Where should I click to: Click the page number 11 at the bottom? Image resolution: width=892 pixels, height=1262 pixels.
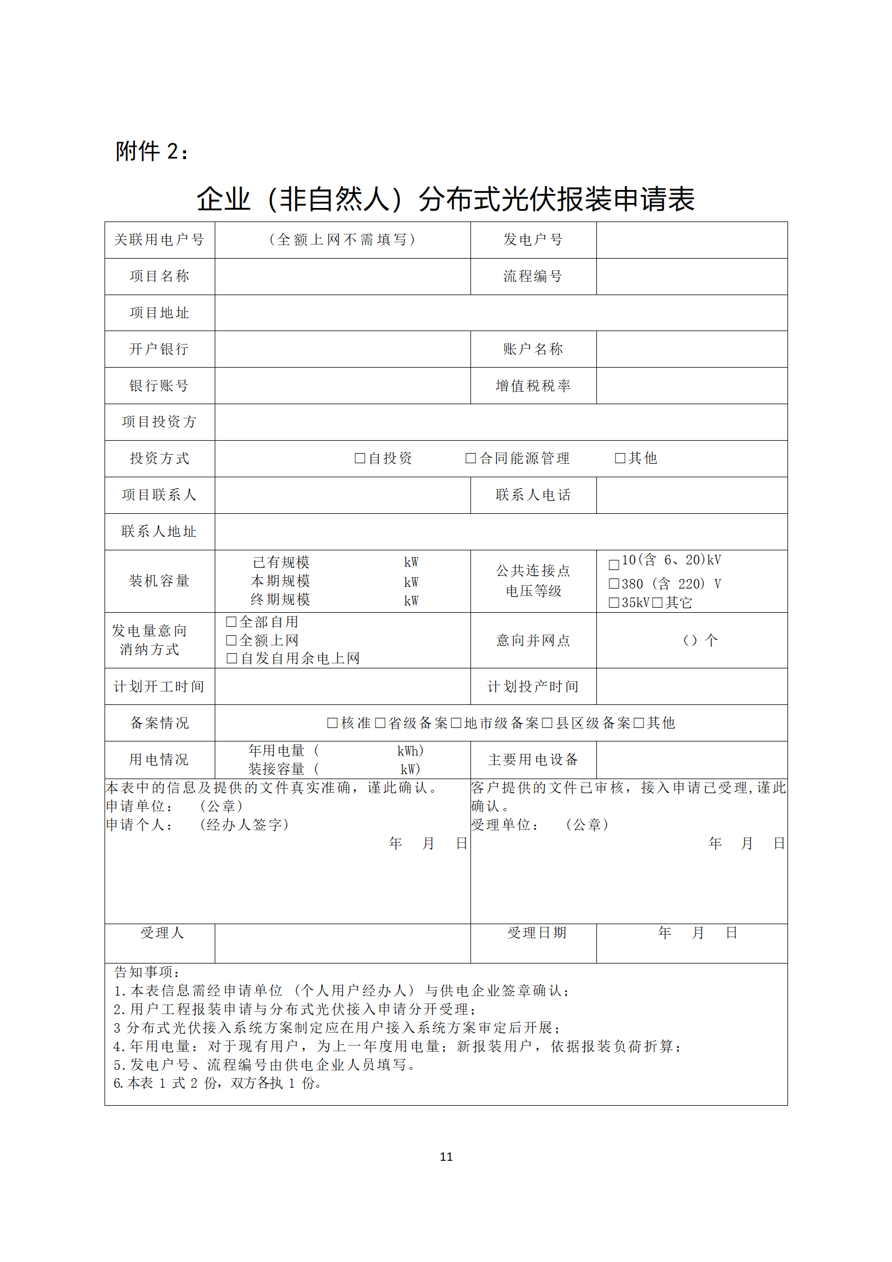tap(446, 1156)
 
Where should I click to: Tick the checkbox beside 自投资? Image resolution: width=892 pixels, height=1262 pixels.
tap(360, 458)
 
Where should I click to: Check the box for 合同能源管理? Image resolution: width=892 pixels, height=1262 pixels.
tap(470, 458)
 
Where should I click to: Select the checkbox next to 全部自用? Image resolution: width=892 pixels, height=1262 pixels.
tap(231, 622)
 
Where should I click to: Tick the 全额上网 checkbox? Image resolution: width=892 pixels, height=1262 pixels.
tap(231, 640)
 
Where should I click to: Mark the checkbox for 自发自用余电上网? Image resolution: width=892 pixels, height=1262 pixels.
tap(232, 658)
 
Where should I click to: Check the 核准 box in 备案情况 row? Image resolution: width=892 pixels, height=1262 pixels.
tap(332, 723)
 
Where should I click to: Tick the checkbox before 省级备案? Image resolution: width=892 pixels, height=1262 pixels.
tap(380, 723)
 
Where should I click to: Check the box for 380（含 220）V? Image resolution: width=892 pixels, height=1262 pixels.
tap(614, 584)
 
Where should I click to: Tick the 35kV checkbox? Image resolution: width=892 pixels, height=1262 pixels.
tap(614, 603)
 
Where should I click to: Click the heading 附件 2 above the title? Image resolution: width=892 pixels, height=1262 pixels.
tap(152, 151)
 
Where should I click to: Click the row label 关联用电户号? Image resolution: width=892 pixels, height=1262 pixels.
tap(159, 240)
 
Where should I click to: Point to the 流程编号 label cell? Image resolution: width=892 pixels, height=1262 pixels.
tap(532, 276)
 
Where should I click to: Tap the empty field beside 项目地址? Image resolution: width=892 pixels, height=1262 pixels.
tap(500, 313)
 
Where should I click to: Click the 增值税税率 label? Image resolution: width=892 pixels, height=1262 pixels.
tap(533, 386)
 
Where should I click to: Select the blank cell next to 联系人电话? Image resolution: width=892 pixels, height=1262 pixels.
tap(691, 495)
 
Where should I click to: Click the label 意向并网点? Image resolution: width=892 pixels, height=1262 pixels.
tap(533, 640)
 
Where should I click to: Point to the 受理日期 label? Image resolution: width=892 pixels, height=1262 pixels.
tap(537, 933)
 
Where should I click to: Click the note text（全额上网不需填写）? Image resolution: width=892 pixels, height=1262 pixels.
tap(342, 240)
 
